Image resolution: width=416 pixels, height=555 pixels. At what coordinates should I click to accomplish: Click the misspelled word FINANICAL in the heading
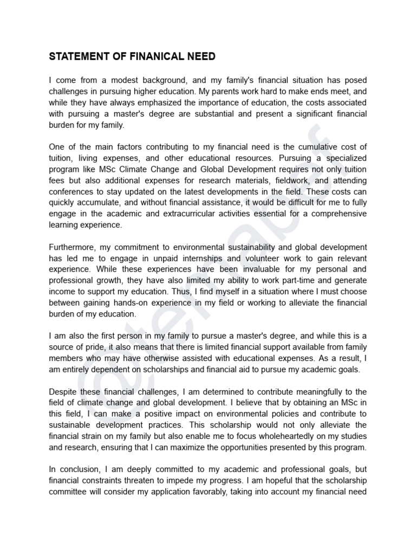pos(162,56)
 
